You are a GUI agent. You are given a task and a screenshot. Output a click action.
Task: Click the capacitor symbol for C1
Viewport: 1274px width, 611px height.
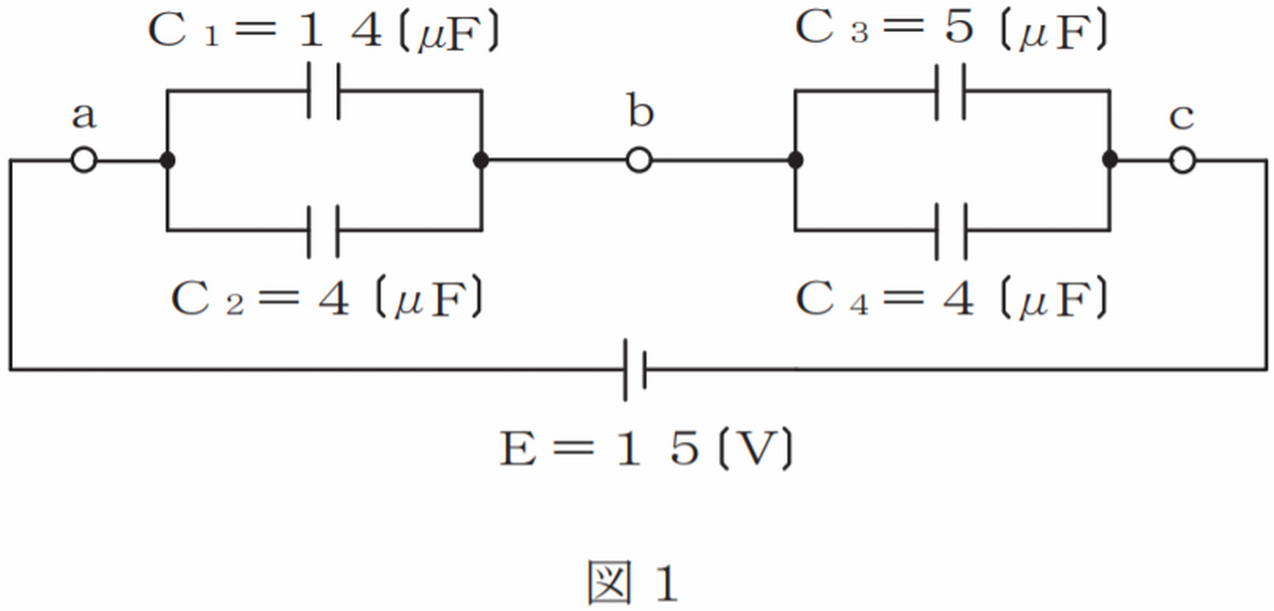click(323, 91)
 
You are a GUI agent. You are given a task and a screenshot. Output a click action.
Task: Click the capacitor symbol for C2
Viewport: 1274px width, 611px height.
click(323, 230)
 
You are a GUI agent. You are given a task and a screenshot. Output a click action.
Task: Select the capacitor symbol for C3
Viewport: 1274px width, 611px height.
click(952, 91)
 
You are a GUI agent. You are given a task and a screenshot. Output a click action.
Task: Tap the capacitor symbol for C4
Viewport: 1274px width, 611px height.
click(952, 230)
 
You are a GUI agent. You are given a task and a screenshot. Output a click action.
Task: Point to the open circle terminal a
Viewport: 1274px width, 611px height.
click(85, 160)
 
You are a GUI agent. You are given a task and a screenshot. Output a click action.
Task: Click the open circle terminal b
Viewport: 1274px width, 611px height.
click(639, 160)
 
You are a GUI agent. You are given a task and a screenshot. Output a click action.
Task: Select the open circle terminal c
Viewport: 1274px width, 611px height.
click(1182, 160)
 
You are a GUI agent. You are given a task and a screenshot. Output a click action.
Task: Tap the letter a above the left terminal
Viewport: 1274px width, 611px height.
click(85, 117)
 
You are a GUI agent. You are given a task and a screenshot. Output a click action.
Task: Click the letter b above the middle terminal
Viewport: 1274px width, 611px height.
click(640, 112)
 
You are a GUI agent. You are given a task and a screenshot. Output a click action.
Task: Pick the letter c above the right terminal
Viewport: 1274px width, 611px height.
click(1181, 117)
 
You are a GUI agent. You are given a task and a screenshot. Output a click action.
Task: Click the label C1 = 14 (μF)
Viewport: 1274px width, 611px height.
click(323, 32)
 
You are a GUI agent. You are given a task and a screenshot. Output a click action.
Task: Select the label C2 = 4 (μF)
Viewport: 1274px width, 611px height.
click(328, 298)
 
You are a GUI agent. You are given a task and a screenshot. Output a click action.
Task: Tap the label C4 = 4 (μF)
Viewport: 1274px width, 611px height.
click(952, 298)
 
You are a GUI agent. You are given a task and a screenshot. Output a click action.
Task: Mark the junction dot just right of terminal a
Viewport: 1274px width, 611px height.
click(167, 160)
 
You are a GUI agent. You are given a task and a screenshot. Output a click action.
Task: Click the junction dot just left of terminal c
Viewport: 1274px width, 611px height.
click(1111, 160)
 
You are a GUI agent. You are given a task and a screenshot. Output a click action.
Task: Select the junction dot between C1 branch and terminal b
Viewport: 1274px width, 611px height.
click(482, 160)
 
